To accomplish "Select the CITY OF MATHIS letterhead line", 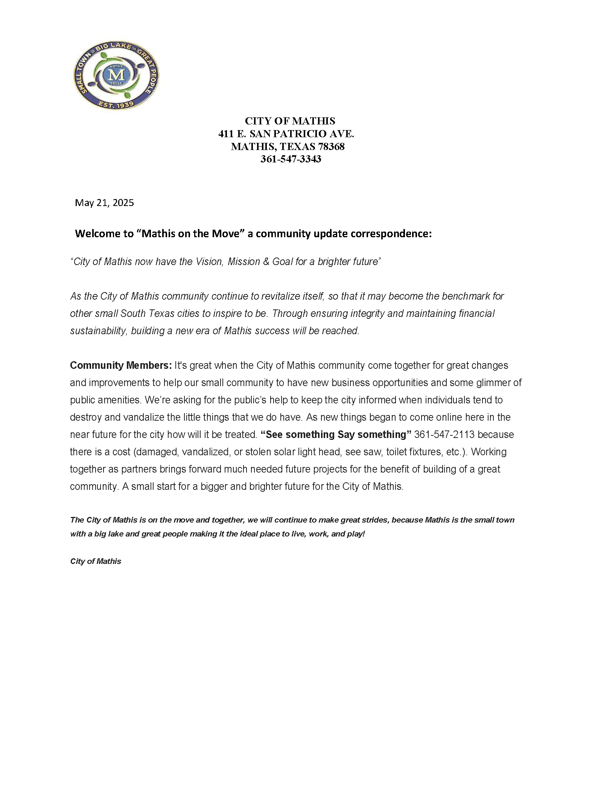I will click(290, 121).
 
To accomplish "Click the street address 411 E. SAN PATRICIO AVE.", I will click(286, 134).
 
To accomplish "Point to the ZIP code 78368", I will click(331, 147).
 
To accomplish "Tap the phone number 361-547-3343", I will click(291, 159).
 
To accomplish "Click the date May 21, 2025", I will click(104, 203).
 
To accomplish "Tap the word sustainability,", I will click(99, 331).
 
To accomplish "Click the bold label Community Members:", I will click(121, 365).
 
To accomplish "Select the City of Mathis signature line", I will click(96, 561).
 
